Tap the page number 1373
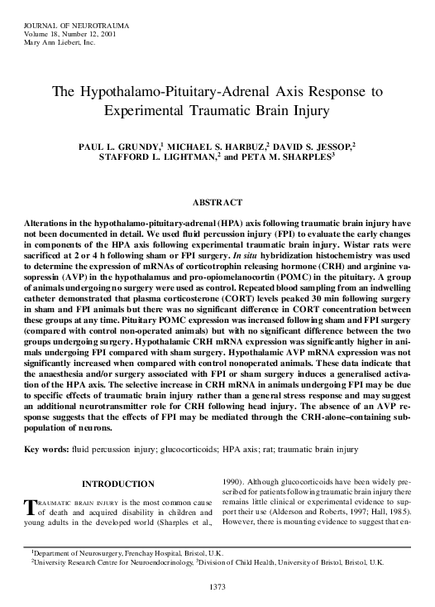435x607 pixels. (217, 587)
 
